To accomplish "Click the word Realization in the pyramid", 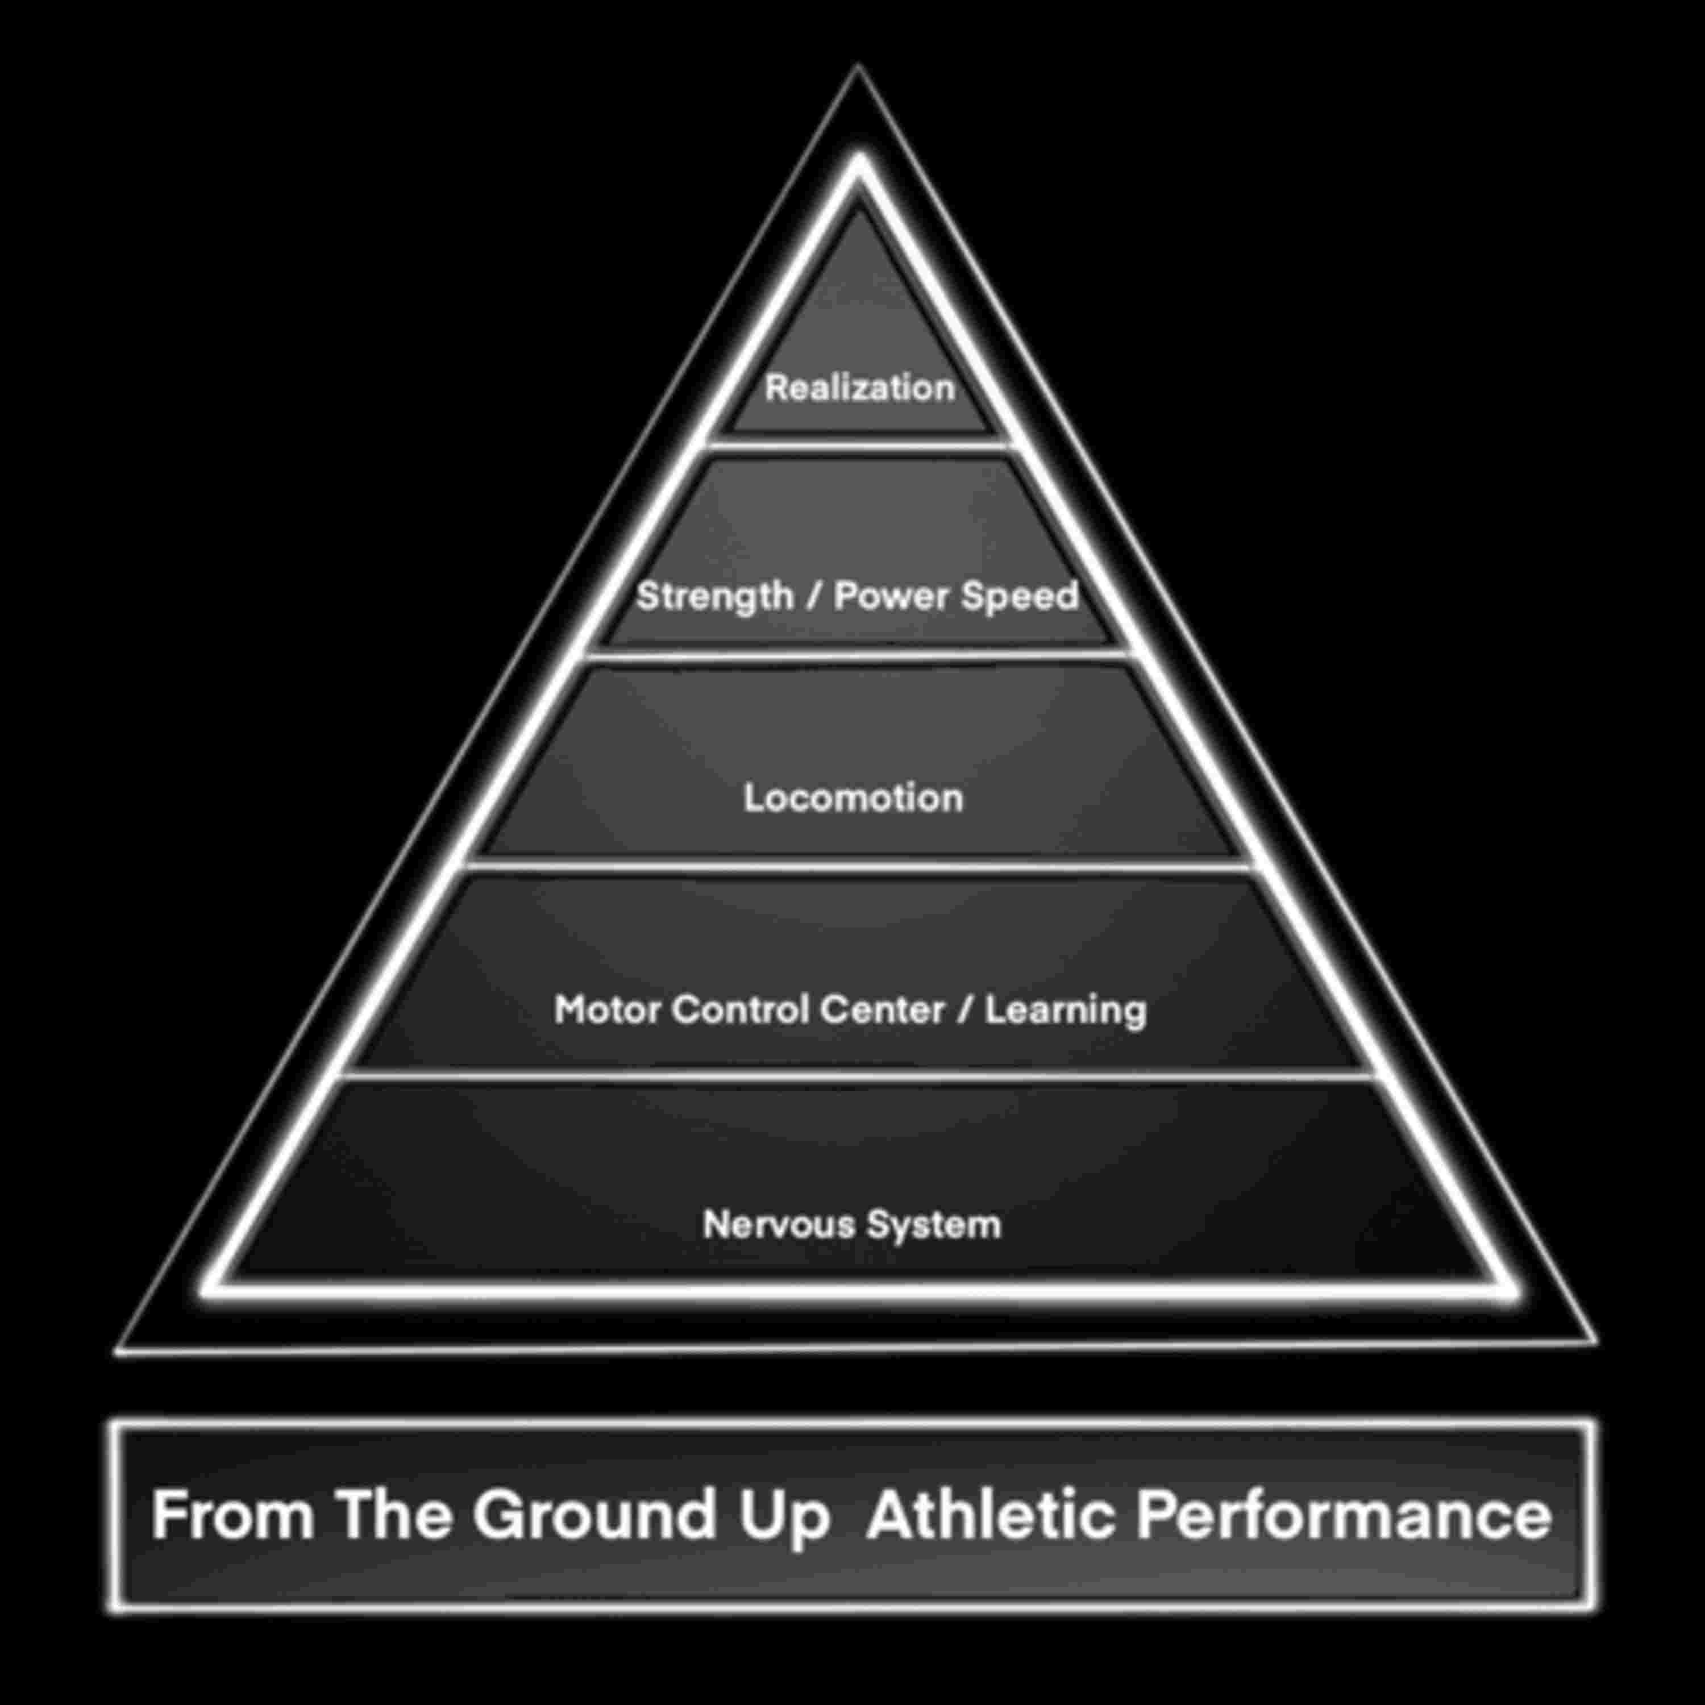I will pyautogui.click(x=859, y=388).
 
